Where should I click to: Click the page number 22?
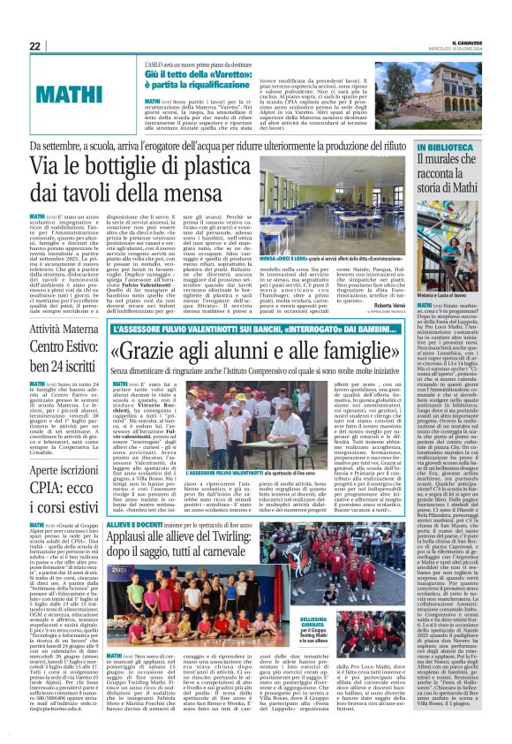34,46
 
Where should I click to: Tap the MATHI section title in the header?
67,93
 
